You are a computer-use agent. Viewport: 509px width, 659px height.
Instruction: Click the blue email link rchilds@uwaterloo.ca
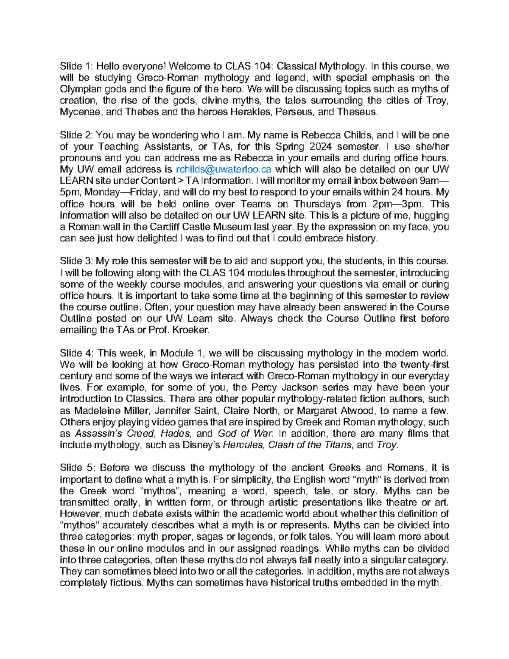(223, 169)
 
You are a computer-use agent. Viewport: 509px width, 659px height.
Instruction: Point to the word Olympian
(79, 89)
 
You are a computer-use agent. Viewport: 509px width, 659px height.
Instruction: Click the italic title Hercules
(242, 445)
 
